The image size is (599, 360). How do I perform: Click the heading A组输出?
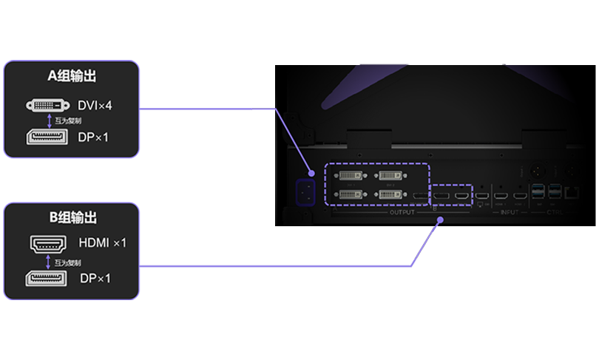coord(72,76)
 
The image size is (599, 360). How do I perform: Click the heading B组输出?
coord(72,218)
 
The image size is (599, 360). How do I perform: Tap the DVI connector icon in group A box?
coord(50,106)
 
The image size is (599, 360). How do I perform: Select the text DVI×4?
coord(95,106)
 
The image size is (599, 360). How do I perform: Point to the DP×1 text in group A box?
coord(94,137)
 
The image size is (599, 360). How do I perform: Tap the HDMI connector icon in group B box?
coord(50,242)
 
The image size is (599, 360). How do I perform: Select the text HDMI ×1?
coord(102,242)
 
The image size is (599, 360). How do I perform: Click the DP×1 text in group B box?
coord(94,278)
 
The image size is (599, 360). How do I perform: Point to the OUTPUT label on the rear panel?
coord(402,212)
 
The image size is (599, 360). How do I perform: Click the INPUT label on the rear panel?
coord(509,212)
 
